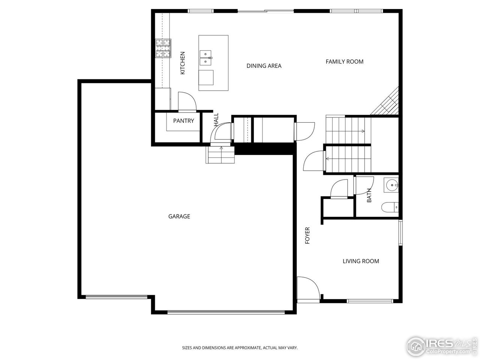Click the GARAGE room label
pos(179,216)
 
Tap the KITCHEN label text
pos(183,63)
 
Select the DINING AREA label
pos(264,66)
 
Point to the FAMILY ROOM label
pos(344,61)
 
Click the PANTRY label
pos(183,121)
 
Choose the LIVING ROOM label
pos(361,261)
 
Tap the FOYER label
pos(307,235)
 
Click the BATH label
pos(369,195)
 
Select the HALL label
pos(216,119)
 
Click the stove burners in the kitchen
pos(163,49)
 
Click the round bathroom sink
pos(392,184)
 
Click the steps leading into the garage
pos(220,154)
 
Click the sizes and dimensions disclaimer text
pos(240,348)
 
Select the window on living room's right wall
pos(400,233)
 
